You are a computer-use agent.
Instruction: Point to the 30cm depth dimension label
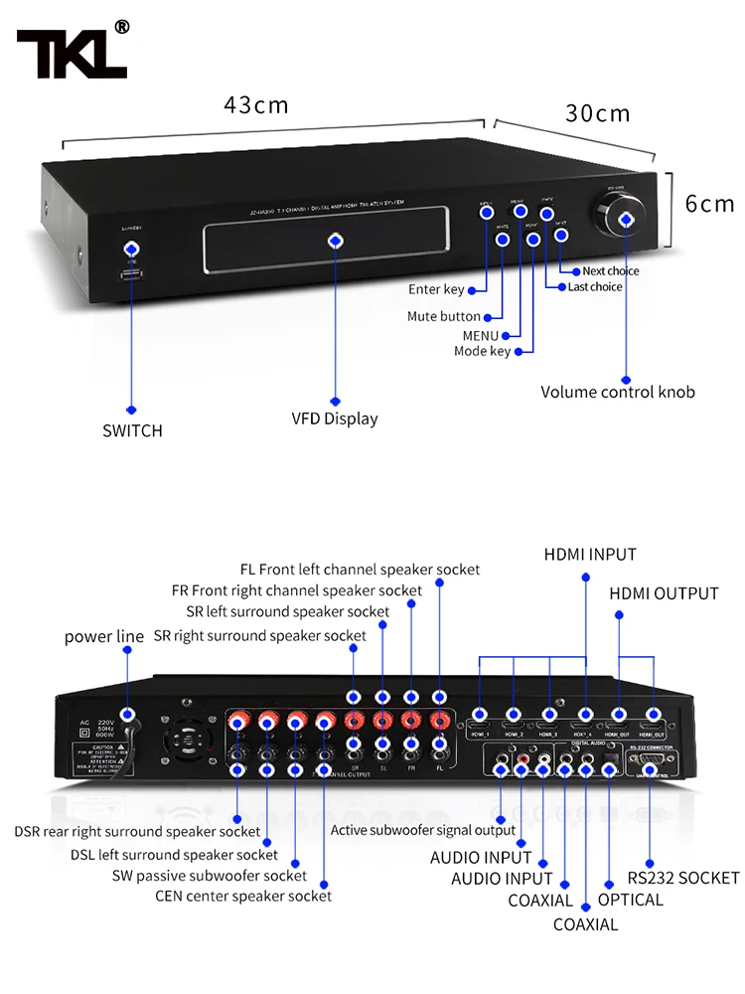pos(598,113)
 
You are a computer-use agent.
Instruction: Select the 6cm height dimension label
pos(709,204)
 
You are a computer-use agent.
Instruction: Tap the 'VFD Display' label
pos(334,418)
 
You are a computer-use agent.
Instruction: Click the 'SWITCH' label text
pos(132,430)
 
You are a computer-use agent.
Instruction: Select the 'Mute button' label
pos(443,316)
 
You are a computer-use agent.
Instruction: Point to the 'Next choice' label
pos(611,270)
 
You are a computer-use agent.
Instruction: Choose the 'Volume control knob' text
pos(617,392)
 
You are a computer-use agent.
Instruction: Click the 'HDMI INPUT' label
pos(589,554)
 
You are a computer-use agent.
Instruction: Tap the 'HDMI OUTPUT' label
pos(664,593)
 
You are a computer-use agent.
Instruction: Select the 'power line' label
pos(104,636)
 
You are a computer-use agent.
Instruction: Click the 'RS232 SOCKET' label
pos(683,878)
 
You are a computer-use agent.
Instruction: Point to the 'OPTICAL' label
pos(630,900)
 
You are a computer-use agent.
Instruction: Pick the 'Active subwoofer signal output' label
pos(423,830)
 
